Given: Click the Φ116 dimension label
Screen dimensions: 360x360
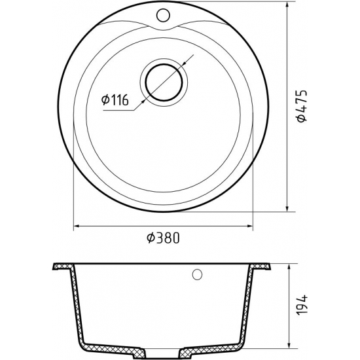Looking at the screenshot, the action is tap(115, 100).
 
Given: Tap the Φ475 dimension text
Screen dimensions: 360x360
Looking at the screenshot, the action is tap(302, 106).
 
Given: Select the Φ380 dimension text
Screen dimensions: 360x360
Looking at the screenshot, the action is tap(163, 238).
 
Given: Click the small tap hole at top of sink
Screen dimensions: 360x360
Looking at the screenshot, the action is tap(163, 15).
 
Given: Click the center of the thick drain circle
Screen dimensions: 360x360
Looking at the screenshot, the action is tap(164, 82).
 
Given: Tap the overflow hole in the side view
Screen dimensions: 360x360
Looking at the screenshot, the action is tap(197, 274).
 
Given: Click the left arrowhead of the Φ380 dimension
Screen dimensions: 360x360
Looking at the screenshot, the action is tap(76, 226).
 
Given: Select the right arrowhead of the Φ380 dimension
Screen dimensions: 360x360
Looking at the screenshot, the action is tap(250, 226).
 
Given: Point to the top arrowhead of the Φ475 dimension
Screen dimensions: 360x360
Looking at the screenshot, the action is tap(287, 5).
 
